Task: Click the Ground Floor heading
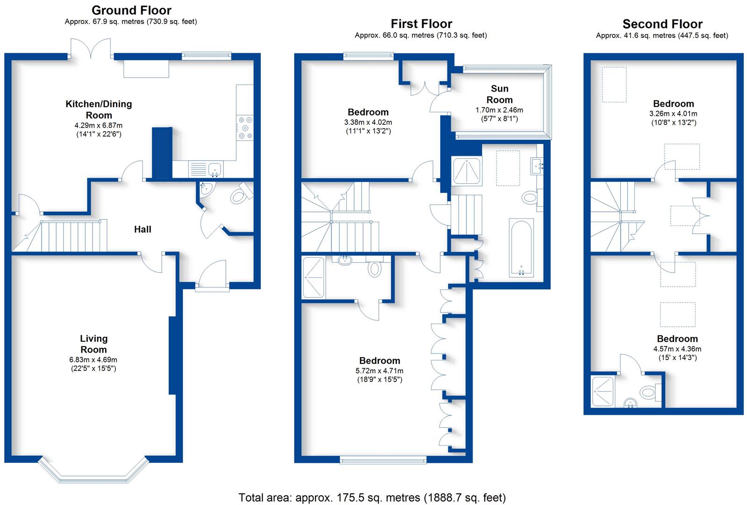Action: click(x=131, y=10)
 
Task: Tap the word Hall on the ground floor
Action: click(x=143, y=229)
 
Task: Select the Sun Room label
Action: click(x=499, y=94)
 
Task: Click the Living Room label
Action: click(x=93, y=344)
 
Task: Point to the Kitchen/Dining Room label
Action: click(x=99, y=109)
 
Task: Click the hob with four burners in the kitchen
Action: click(x=245, y=128)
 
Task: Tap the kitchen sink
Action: click(x=206, y=169)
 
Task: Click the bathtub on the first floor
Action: click(x=521, y=248)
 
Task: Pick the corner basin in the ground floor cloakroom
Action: click(x=207, y=189)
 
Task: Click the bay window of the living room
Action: click(x=93, y=471)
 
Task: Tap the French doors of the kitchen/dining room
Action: click(x=90, y=49)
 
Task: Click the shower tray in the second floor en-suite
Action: click(x=602, y=391)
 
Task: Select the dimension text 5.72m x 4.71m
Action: click(x=380, y=371)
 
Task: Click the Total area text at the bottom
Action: click(x=372, y=498)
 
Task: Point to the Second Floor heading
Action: click(x=663, y=24)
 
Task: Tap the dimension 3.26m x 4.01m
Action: click(x=673, y=114)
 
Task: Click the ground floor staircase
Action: click(x=60, y=236)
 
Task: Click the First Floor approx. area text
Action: click(x=421, y=36)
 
